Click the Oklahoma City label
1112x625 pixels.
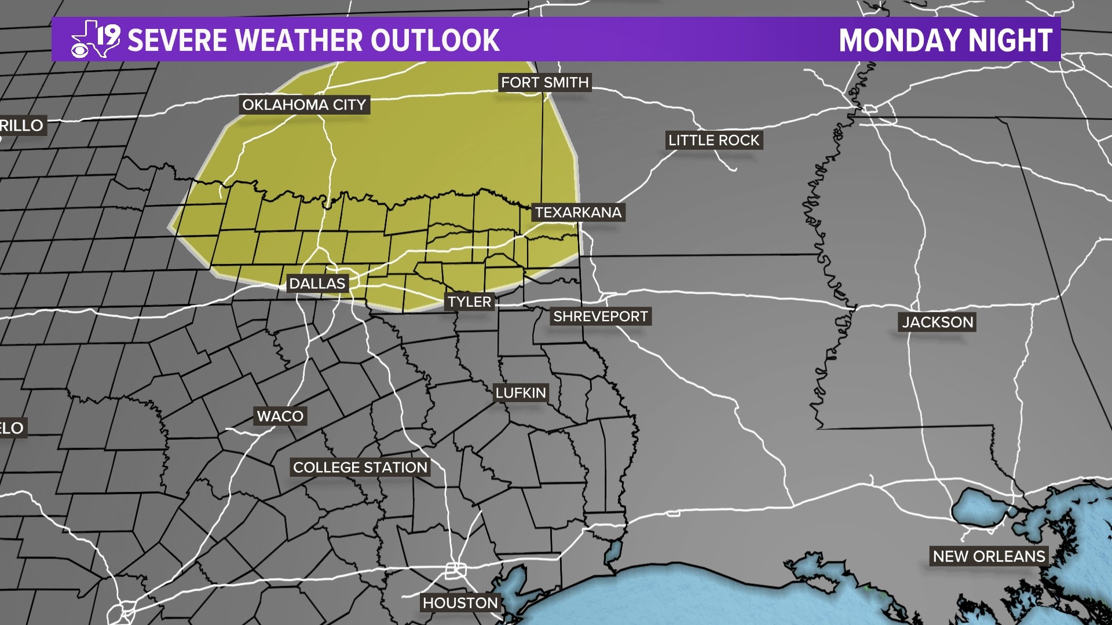point(304,105)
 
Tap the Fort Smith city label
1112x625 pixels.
point(544,83)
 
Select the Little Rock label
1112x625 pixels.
point(714,140)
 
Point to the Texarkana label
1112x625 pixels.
point(578,212)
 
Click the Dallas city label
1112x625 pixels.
point(317,284)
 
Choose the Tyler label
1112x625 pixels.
point(469,302)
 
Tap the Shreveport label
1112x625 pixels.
point(600,317)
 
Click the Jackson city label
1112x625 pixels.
point(938,322)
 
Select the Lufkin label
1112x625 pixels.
point(521,393)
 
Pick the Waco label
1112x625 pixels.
point(280,416)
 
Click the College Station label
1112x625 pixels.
point(360,468)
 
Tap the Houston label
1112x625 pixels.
point(460,603)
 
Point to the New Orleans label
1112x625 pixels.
point(989,556)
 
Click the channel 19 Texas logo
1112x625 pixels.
point(96,39)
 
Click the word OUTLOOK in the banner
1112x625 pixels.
point(435,40)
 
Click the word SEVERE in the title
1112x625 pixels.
point(177,40)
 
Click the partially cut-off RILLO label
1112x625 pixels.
point(21,126)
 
